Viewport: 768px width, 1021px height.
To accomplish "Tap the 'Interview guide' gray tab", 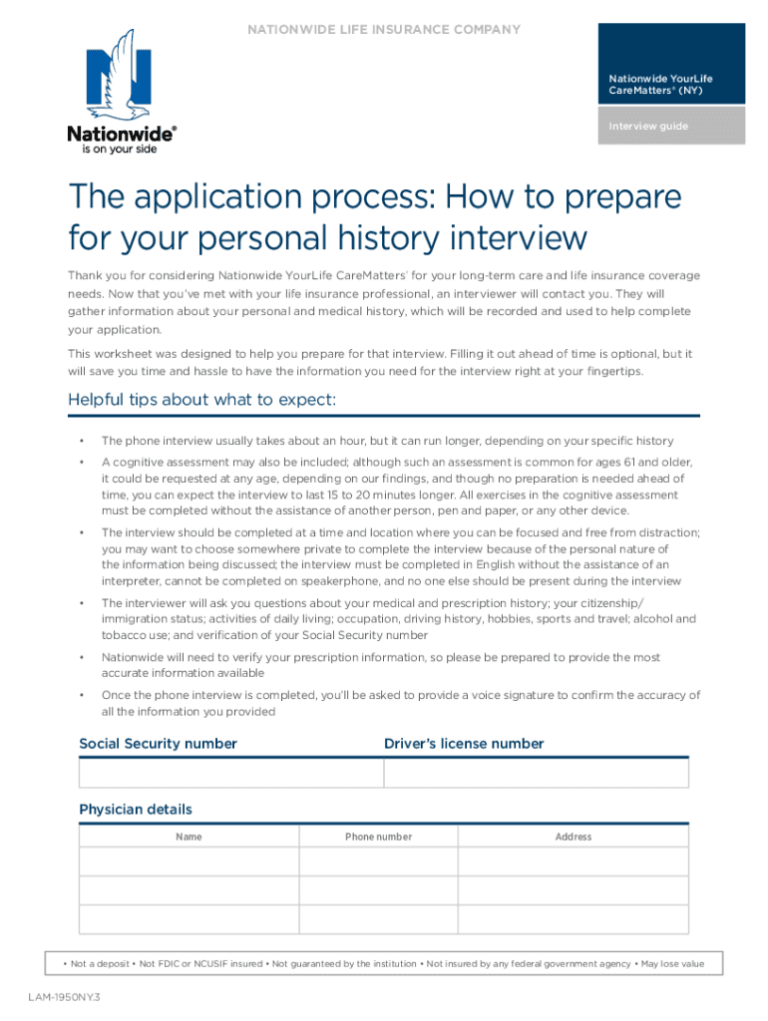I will tap(671, 127).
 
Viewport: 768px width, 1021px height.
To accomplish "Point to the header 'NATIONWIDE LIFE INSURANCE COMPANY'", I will tap(384, 30).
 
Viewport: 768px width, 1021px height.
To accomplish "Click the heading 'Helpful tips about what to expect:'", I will tap(201, 400).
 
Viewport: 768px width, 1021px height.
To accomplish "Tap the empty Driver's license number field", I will tap(536, 774).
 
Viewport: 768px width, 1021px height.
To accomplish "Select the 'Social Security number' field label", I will tap(158, 744).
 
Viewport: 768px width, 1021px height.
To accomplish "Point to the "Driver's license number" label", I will tap(464, 744).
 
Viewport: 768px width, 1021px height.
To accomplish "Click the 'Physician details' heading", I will tap(136, 810).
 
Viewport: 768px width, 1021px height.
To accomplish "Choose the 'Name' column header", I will tap(189, 837).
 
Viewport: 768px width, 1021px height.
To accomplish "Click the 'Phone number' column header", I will tap(378, 837).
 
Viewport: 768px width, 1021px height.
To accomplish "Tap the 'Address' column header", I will tap(574, 837).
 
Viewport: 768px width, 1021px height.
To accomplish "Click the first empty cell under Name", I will tap(189, 861).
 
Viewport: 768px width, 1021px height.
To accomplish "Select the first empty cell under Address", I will tap(574, 861).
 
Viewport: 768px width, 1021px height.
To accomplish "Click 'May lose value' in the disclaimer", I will tap(672, 964).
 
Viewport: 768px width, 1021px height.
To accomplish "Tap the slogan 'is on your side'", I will tap(113, 149).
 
